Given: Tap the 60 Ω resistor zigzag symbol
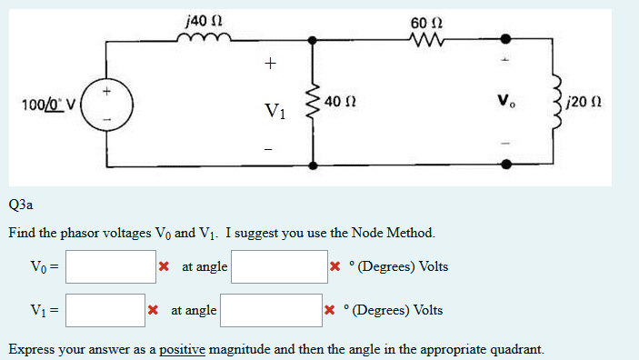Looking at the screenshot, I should (x=424, y=39).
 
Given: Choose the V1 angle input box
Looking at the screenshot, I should (x=271, y=310).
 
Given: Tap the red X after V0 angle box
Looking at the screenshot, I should (x=334, y=267).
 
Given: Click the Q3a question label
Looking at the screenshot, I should (x=21, y=205).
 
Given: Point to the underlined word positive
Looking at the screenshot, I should (x=183, y=349).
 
